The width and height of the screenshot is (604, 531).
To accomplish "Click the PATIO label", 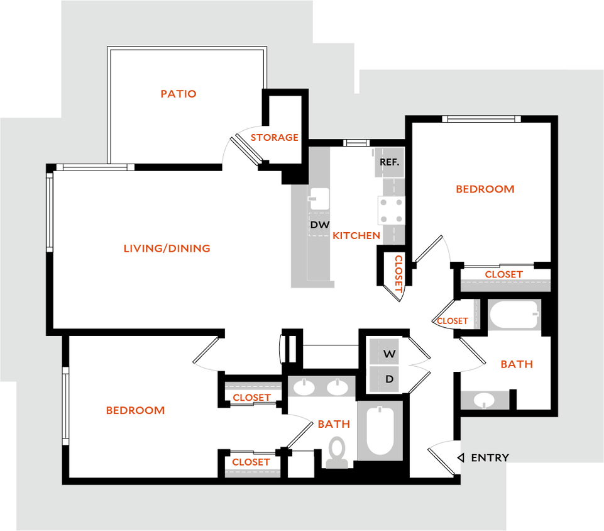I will [x=178, y=94].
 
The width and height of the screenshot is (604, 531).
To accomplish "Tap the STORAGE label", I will [x=274, y=137].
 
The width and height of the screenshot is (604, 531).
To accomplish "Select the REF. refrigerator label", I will [x=389, y=162].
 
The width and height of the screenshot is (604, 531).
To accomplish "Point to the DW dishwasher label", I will [x=319, y=225].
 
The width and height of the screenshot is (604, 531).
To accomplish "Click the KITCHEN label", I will [x=356, y=236].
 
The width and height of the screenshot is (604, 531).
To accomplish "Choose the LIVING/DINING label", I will [x=167, y=249].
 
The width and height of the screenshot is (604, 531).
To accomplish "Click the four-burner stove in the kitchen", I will [x=390, y=210].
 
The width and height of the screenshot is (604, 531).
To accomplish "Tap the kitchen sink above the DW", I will [x=319, y=199].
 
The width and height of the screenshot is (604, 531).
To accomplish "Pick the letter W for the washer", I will [x=390, y=354].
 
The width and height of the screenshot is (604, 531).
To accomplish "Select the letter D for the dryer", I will [x=390, y=379].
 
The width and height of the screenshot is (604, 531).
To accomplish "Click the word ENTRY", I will [x=490, y=458].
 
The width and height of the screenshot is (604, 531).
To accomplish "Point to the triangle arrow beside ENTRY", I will [x=461, y=457].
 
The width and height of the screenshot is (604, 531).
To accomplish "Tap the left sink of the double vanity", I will [x=304, y=387].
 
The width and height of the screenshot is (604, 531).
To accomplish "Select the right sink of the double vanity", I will [x=338, y=387].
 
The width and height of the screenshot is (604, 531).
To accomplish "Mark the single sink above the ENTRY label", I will [x=485, y=399].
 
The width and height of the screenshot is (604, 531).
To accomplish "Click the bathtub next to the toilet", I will [x=380, y=430].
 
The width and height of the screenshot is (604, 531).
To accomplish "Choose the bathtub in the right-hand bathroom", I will [x=514, y=315].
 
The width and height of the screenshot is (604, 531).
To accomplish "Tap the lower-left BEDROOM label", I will [x=135, y=411].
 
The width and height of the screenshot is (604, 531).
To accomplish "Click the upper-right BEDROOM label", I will [x=485, y=189].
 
